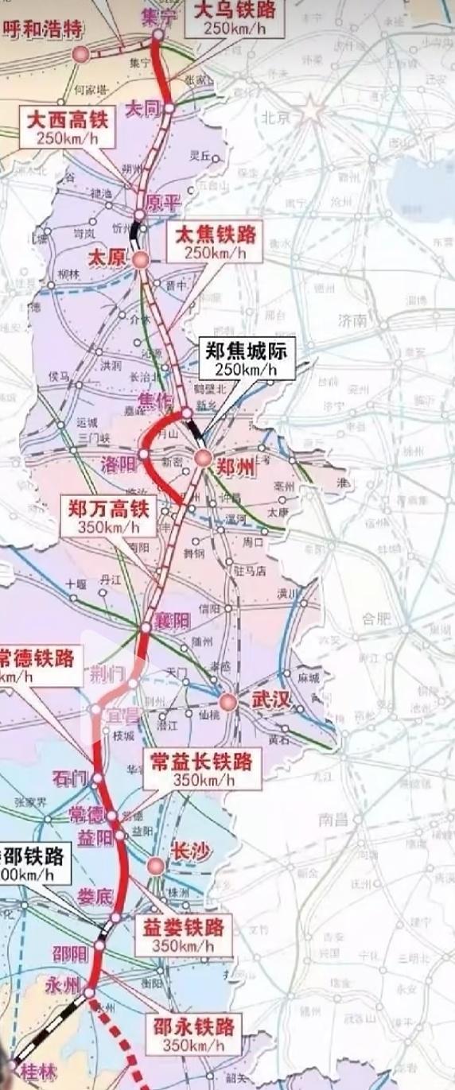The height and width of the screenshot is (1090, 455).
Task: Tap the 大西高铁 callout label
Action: (67, 126)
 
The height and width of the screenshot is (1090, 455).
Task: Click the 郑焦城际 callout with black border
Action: (246, 358)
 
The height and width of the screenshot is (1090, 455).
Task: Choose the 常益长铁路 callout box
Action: (203, 770)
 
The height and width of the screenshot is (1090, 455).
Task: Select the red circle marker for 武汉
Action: (228, 702)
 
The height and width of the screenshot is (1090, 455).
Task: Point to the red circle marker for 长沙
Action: (156, 866)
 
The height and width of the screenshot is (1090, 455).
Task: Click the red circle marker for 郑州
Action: (203, 457)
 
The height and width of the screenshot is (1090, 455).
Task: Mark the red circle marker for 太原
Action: (141, 260)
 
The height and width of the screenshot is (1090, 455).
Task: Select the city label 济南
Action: (351, 320)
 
